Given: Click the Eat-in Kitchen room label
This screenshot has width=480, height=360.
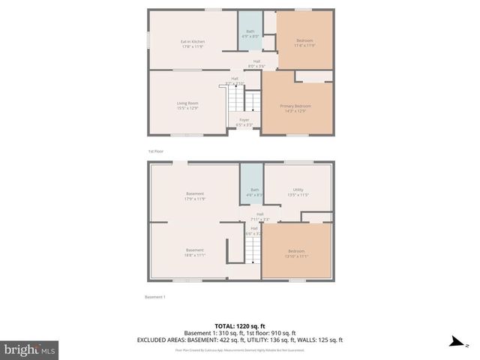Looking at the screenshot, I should coord(193,43).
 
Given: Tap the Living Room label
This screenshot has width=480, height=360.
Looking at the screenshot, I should coord(187,106).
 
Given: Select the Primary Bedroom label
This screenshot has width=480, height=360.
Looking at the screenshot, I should coord(295,109).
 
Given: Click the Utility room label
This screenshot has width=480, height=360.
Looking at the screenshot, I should coord(298,193).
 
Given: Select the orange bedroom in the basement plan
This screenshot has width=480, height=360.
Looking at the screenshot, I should coord(296,253).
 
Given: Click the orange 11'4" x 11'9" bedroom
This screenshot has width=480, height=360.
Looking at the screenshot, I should coord(304,42).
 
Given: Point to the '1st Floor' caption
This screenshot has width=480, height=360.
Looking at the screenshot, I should coord(155,151).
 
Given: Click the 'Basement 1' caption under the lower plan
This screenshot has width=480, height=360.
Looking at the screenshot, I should coord(155,297).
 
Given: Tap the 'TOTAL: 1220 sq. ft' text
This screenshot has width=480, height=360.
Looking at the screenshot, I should coord(240,326).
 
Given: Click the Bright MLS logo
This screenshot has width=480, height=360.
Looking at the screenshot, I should coord(30,349).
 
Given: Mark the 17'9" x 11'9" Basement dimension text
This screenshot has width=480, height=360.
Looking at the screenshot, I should coord(195,199).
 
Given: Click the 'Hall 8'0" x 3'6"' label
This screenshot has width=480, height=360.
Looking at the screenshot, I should coord(256,64).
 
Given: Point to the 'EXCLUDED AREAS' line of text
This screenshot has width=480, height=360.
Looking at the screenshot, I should coord(240,340).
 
